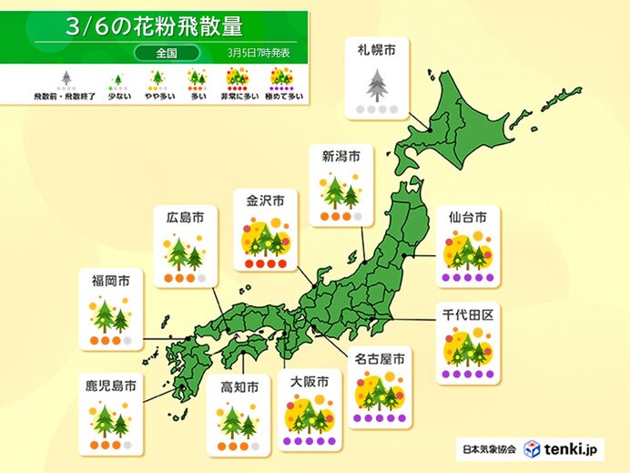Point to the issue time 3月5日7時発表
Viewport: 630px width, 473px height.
click(x=259, y=54)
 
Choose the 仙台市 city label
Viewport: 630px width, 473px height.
click(x=467, y=218)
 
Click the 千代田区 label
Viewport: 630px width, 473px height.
click(x=467, y=313)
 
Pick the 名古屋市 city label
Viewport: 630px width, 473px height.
click(x=381, y=360)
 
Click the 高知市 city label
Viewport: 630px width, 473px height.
click(x=239, y=387)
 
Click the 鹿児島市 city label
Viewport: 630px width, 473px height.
click(x=110, y=387)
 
